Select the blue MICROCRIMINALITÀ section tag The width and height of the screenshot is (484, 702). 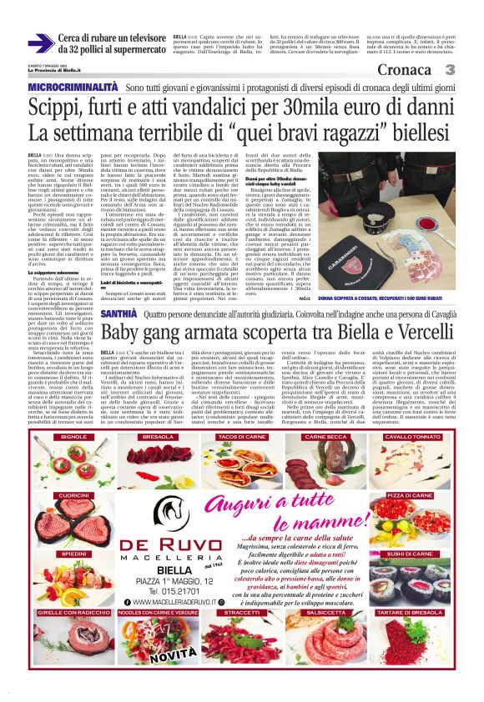point(73,87)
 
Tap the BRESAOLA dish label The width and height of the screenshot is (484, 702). point(158,436)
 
